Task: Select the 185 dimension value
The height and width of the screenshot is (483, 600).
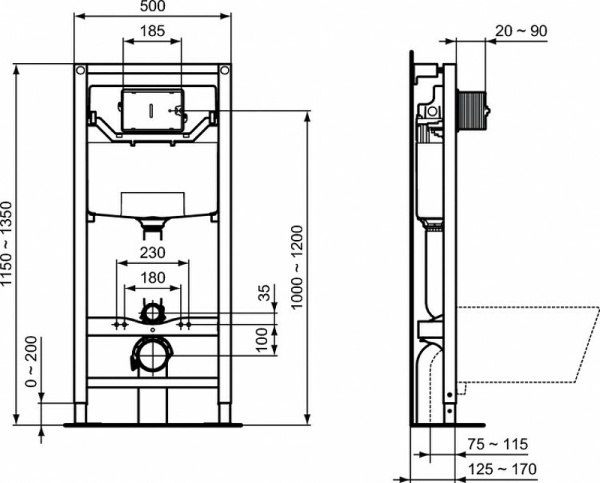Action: [x=153, y=32]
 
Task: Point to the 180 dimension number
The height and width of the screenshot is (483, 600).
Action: [x=152, y=277]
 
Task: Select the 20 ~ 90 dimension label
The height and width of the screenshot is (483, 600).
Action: [x=521, y=31]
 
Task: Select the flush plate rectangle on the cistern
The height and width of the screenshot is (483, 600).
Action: [x=151, y=112]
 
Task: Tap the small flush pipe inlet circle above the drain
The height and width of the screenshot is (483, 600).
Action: [x=151, y=313]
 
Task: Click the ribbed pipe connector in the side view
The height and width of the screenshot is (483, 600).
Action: [x=474, y=106]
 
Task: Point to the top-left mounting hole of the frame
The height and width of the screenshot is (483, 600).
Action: [x=80, y=71]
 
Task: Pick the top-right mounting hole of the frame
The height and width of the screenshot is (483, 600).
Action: [x=225, y=71]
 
